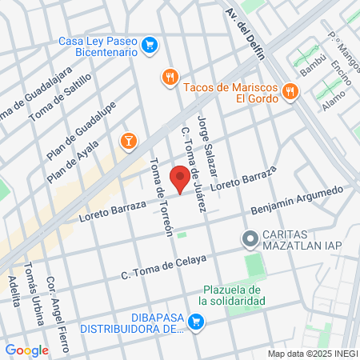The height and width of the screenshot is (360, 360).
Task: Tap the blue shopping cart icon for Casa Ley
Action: click(x=149, y=46)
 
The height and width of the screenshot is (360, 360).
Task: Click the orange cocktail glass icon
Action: click(x=128, y=142)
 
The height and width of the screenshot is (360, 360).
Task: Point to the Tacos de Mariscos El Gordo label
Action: click(x=230, y=93)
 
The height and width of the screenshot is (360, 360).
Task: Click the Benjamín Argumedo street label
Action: click(x=297, y=200)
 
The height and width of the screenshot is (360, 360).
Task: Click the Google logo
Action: click(x=26, y=350)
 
